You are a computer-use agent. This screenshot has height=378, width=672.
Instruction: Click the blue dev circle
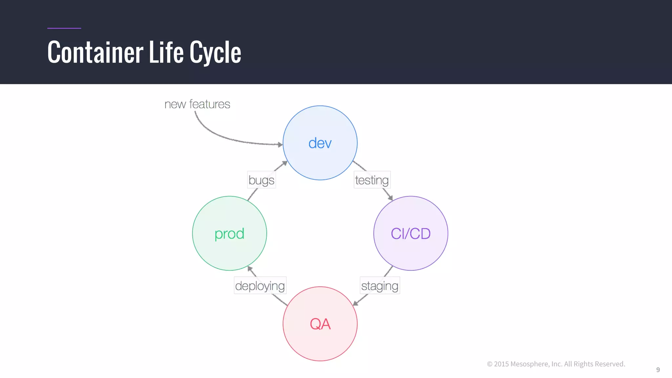320,143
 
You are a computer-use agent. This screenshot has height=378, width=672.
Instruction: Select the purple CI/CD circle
410,233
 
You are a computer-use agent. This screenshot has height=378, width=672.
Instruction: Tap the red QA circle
320,324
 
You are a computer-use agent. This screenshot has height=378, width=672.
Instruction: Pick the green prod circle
229,233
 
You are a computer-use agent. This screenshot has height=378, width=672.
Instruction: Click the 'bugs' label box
261,180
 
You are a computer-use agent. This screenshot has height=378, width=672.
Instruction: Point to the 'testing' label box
372,180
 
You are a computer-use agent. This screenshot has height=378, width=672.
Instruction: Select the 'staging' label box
380,285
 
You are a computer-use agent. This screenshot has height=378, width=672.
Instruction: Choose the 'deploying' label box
260,285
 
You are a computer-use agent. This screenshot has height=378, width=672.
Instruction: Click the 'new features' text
197,104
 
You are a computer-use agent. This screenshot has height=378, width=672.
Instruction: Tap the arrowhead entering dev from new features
280,144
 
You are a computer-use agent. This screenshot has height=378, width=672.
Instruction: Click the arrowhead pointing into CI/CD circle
390,198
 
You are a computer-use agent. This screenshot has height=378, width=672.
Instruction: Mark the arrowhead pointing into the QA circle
355,303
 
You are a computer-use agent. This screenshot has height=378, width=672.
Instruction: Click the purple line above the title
64,28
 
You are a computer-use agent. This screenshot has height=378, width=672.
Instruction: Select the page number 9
658,370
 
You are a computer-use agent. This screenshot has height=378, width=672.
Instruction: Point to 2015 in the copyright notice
501,364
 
